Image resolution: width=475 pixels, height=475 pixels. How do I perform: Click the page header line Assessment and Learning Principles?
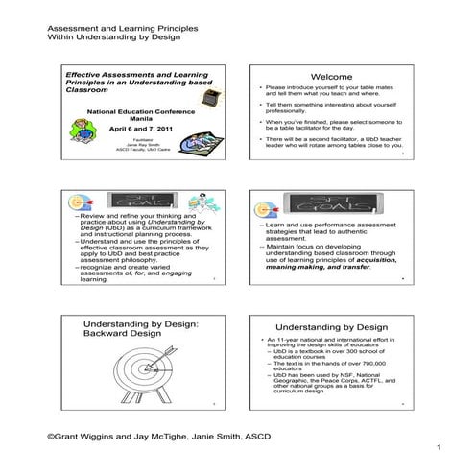click(112, 29)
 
